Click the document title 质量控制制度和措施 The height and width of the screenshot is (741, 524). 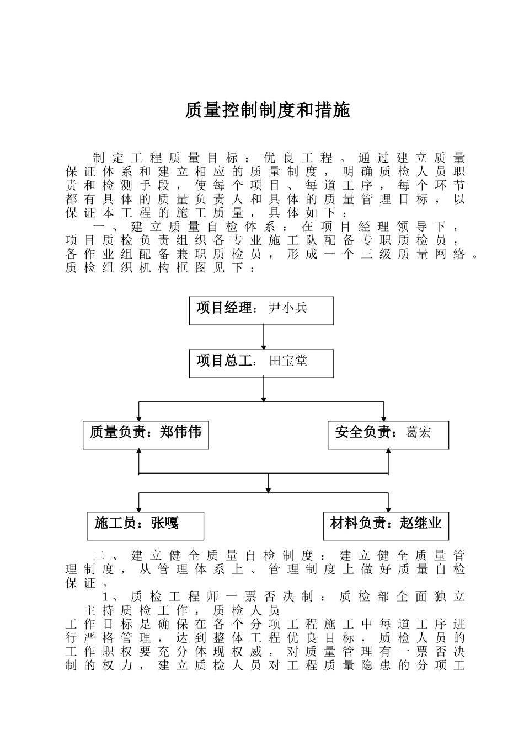click(268, 111)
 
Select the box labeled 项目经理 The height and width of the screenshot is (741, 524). click(261, 310)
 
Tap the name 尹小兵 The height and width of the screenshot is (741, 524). click(287, 308)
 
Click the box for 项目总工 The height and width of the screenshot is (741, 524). click(261, 363)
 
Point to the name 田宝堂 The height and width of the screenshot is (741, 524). click(287, 361)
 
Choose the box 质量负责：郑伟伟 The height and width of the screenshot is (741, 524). click(146, 434)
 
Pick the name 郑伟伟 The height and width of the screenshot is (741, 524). click(181, 432)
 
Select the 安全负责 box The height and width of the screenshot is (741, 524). click(388, 434)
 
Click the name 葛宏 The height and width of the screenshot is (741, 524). click(418, 432)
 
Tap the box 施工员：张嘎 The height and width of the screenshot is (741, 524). click(146, 525)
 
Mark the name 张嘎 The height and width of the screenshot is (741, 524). click(165, 523)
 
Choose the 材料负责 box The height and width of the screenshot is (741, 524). click(386, 525)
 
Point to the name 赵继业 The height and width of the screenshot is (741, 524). click(421, 523)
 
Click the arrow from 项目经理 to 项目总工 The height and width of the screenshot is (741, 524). click(264, 337)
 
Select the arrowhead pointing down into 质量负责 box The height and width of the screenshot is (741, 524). click(139, 418)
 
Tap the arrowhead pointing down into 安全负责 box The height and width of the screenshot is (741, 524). click(384, 418)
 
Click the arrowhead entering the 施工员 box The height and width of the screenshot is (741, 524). click(139, 509)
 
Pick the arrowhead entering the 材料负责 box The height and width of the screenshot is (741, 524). click(388, 509)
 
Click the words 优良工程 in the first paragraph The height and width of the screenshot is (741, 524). click(298, 158)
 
